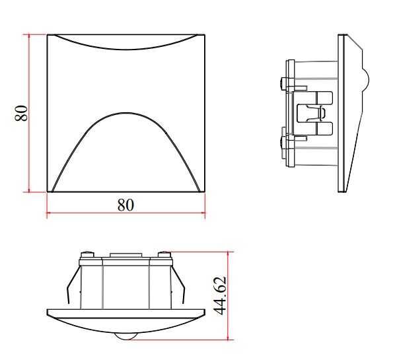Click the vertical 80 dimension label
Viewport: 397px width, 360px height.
click(21, 112)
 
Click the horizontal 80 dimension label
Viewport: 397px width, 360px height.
click(126, 205)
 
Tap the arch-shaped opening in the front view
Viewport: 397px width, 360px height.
click(126, 155)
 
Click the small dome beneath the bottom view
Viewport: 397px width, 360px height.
click(126, 335)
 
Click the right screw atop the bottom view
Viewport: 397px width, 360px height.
click(164, 255)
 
